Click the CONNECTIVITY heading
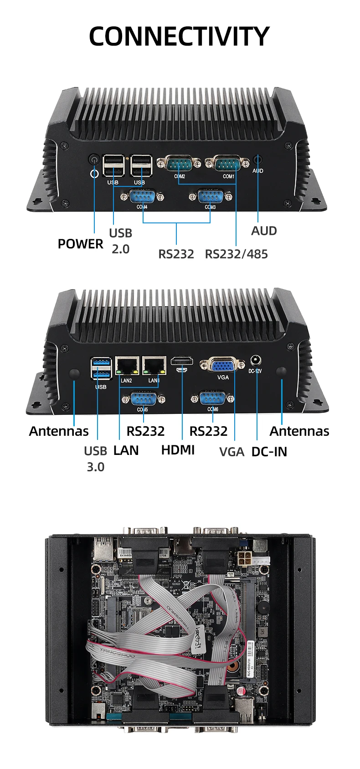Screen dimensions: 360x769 pyautogui.click(x=179, y=36)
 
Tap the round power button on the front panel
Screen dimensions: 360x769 pyautogui.click(x=94, y=160)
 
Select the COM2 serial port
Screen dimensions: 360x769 pyautogui.click(x=179, y=163)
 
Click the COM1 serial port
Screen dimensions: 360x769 pyautogui.click(x=227, y=163)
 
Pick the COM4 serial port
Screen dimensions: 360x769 pyautogui.click(x=142, y=197)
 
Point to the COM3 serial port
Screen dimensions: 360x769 pyautogui.click(x=211, y=197)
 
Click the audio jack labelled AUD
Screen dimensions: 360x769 pyautogui.click(x=257, y=160)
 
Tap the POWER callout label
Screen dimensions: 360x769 pyautogui.click(x=80, y=244)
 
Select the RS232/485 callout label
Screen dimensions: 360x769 pyautogui.click(x=236, y=254)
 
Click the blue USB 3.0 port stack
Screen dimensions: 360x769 pyautogui.click(x=101, y=369)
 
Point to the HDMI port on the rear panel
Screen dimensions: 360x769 pyautogui.click(x=182, y=363)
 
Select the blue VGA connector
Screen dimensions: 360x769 pyautogui.click(x=223, y=365)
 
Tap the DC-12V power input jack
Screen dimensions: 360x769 pyautogui.click(x=255, y=361)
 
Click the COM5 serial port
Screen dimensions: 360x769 pyautogui.click(x=143, y=399)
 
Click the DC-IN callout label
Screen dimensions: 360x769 pyautogui.click(x=269, y=452)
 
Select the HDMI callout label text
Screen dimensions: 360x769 pyautogui.click(x=178, y=450)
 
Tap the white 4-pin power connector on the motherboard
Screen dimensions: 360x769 pyautogui.click(x=245, y=560)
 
